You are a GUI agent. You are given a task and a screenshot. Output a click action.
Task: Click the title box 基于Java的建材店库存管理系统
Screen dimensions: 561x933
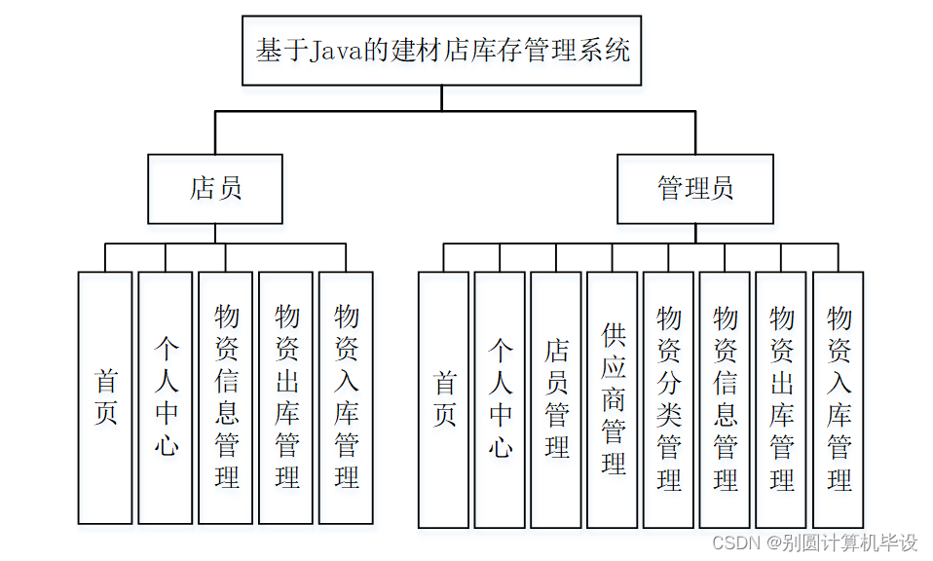pos(441,50)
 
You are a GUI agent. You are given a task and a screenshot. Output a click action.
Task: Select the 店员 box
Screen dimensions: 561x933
pos(215,189)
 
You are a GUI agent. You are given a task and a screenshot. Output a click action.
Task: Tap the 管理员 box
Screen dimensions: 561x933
pos(695,189)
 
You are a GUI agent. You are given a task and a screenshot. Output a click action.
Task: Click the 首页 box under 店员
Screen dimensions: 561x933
pos(105,397)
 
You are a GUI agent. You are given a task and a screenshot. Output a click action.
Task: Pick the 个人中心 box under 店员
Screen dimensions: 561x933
pos(166,397)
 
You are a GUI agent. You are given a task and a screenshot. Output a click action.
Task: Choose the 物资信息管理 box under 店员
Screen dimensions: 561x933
pos(226,397)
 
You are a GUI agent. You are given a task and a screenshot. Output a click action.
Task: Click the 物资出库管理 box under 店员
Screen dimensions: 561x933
pos(285,397)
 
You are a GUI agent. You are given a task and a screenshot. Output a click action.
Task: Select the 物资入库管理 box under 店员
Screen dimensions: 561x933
pos(346,397)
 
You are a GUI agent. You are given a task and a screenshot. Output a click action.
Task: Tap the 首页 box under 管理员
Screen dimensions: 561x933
pos(444,399)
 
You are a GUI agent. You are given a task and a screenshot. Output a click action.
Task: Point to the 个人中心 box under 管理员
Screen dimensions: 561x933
pos(500,399)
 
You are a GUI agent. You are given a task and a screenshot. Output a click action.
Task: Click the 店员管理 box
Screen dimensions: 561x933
pos(556,399)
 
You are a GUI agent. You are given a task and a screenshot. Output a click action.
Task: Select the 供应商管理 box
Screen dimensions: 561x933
pos(613,399)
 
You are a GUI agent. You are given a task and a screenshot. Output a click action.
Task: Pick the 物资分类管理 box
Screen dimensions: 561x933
pos(669,399)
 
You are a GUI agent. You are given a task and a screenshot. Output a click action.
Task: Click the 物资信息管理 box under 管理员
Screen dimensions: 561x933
pos(726,399)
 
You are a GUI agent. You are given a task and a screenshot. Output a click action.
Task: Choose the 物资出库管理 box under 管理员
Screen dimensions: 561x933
pos(781,399)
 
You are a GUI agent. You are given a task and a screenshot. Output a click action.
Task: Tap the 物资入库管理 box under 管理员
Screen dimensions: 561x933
pos(839,399)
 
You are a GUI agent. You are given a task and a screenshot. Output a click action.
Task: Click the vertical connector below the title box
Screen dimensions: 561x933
pos(441,97)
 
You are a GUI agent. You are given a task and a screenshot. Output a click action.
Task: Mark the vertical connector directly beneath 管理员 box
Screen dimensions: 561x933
pos(695,234)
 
